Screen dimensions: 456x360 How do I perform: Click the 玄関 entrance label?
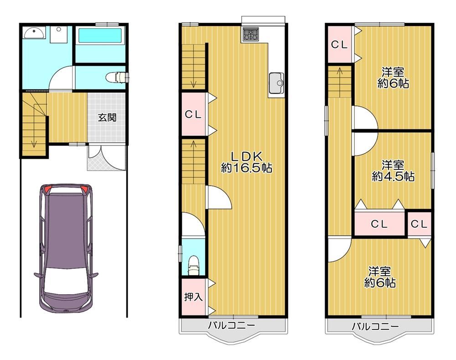coord(107,118)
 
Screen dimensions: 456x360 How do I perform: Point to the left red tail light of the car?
coord(47,189)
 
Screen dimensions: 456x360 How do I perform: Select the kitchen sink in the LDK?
coord(276,83)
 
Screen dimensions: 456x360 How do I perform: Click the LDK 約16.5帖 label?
coord(247,162)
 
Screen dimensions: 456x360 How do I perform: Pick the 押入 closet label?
coord(193,297)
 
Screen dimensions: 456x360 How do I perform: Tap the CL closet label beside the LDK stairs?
coord(193,115)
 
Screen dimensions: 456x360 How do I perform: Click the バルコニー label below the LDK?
coord(231,325)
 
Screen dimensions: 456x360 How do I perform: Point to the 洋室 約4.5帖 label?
coord(393,171)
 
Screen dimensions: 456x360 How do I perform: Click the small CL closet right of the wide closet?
coord(420,224)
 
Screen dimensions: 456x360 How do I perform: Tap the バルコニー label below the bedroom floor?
coord(375,326)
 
